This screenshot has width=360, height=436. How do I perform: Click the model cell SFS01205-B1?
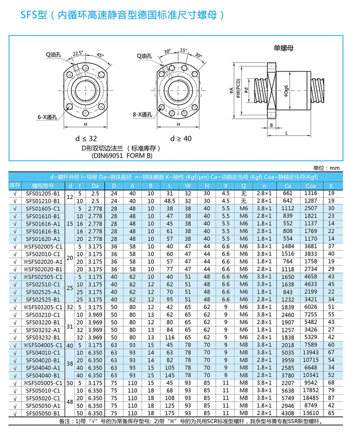[x=42, y=193]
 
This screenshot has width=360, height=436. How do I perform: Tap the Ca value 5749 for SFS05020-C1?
[x=288, y=398]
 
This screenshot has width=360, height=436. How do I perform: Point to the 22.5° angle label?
[x=78, y=53]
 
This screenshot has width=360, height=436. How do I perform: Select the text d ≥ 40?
[x=180, y=138]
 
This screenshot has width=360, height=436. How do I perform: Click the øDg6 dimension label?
[x=288, y=91]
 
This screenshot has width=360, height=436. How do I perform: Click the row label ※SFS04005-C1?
[x=42, y=345]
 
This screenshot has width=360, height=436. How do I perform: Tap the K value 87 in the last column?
[x=331, y=398]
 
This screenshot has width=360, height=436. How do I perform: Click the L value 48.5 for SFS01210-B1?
[x=170, y=200]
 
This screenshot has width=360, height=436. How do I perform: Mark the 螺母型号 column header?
[x=42, y=185]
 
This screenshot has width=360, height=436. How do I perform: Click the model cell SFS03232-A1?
[x=42, y=329]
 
